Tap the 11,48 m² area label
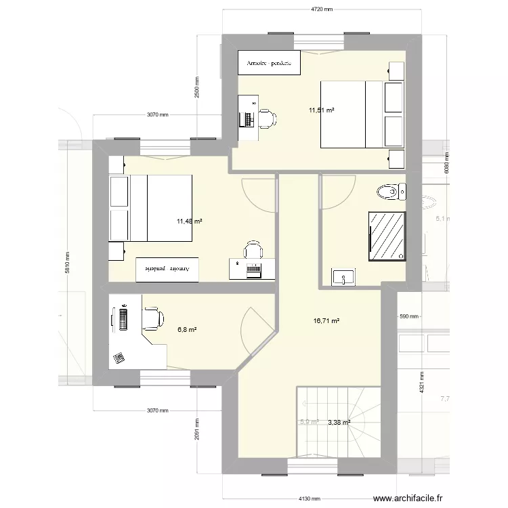pos(190,221)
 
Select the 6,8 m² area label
pos(187,330)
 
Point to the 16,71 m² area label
pos(326,322)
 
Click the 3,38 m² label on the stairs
pos(339,423)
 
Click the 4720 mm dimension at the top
pos(322,9)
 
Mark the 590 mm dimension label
pos(409,316)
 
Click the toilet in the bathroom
pos(391,192)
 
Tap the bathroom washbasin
pos(343,277)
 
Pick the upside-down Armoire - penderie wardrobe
pos(168,269)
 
